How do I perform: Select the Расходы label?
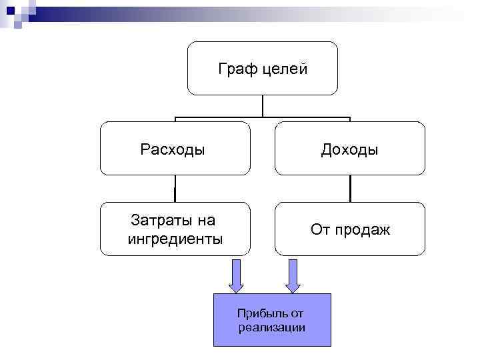173,149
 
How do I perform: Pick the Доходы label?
349,149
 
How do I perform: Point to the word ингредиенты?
175,239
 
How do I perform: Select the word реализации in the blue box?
271,327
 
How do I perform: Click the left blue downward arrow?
237,275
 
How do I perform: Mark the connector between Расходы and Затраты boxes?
175,189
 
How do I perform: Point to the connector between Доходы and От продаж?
349,189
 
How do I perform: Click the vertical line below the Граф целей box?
263,106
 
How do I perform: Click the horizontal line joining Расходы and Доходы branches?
263,117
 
